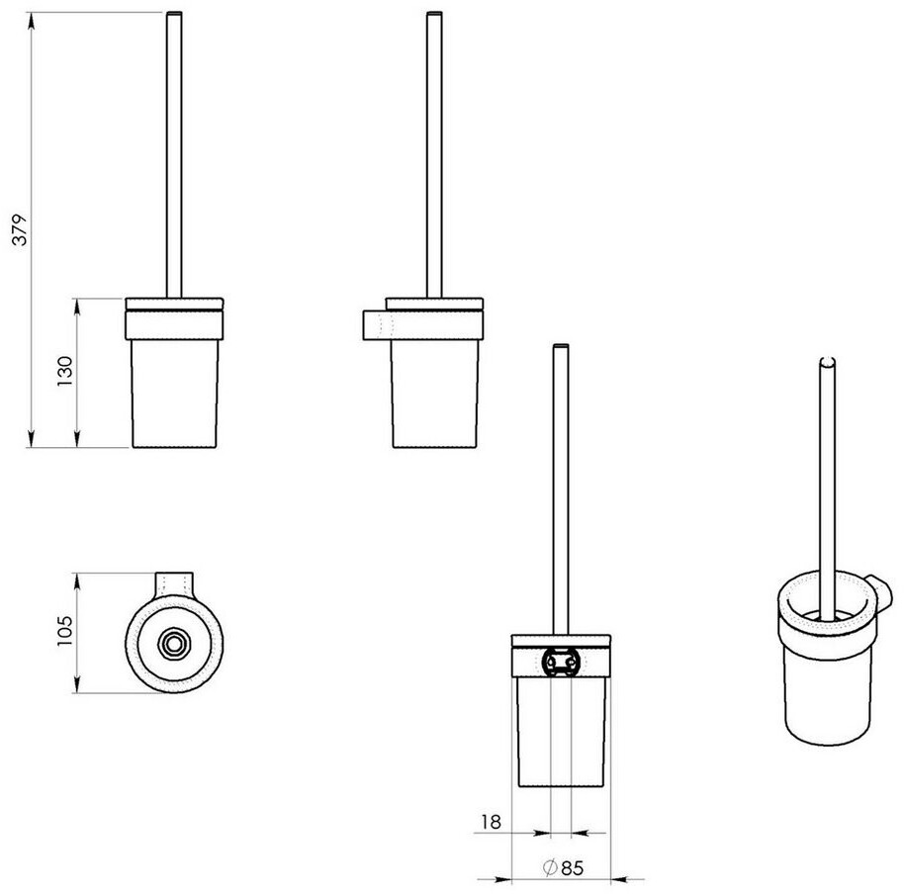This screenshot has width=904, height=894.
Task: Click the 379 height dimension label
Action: pyautogui.click(x=19, y=230)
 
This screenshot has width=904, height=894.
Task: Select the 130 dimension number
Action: pyautogui.click(x=65, y=371)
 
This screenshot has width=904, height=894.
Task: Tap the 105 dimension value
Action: pyautogui.click(x=65, y=631)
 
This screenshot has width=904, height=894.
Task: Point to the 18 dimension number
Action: pyautogui.click(x=491, y=822)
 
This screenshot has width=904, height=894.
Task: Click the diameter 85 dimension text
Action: pyautogui.click(x=564, y=867)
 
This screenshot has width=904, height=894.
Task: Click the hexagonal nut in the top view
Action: pyautogui.click(x=172, y=643)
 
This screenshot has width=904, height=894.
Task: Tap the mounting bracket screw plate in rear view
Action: pyautogui.click(x=561, y=662)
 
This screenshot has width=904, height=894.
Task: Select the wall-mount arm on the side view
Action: pyautogui.click(x=377, y=325)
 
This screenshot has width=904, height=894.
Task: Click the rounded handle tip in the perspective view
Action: pyautogui.click(x=827, y=362)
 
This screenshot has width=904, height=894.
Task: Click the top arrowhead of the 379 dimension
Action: pyautogui.click(x=31, y=20)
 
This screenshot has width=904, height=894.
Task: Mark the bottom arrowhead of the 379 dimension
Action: pyautogui.click(x=31, y=439)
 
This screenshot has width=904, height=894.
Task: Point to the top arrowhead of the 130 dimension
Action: pyautogui.click(x=77, y=306)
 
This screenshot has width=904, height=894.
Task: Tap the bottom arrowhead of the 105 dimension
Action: pyautogui.click(x=77, y=685)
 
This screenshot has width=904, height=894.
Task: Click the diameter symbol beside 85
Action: pyautogui.click(x=550, y=867)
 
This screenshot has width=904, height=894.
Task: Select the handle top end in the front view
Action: pyautogui.click(x=174, y=13)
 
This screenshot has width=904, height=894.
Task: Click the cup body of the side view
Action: pyautogui.click(x=435, y=394)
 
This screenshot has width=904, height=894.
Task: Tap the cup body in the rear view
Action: pyautogui.click(x=562, y=731)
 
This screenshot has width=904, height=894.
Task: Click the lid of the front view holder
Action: pyautogui.click(x=175, y=305)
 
